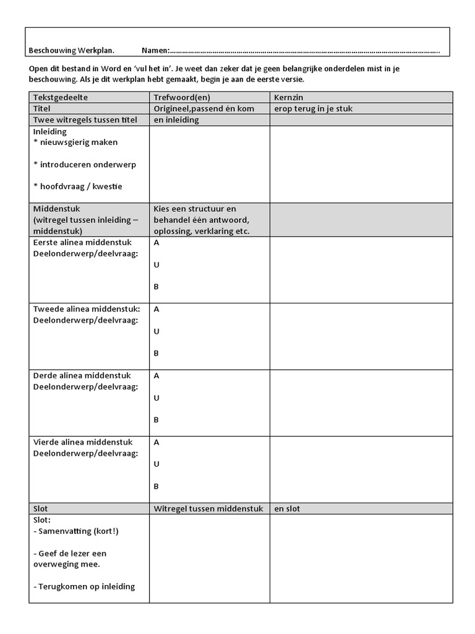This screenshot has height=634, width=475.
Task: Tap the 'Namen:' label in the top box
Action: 155,50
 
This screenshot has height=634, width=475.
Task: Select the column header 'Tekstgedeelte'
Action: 61,97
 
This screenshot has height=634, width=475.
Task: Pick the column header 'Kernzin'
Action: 288,97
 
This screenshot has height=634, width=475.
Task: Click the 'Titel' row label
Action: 43,108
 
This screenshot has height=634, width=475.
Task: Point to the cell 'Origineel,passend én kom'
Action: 204,108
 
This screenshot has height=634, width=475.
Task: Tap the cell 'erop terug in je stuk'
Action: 314,108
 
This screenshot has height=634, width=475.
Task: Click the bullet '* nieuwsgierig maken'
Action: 75,142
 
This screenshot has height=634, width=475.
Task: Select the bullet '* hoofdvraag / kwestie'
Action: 78,186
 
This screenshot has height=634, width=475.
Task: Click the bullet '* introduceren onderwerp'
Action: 85,164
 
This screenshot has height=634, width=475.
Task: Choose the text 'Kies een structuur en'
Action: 195,209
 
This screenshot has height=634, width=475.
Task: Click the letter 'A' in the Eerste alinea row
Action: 156,243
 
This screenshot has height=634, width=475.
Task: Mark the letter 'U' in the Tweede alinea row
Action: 156,331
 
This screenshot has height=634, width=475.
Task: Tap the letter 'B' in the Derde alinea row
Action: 156,420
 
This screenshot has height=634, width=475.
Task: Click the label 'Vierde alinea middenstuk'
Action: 83,442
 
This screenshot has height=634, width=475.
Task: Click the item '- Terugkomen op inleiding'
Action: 84,586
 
